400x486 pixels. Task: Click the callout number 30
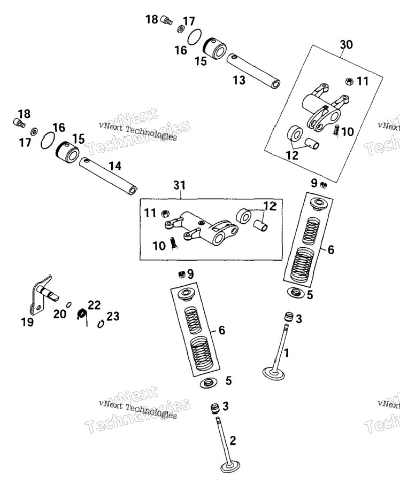tap(347, 45)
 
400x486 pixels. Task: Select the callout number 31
tap(179, 185)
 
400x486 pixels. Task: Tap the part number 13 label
tap(239, 80)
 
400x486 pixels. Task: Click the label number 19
tap(27, 322)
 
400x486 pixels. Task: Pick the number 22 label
tap(94, 305)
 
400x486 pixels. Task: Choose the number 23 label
tap(113, 317)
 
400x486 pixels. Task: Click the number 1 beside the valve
tap(287, 352)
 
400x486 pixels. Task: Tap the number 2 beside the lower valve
tap(233, 441)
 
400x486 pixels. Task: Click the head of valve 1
tap(273, 373)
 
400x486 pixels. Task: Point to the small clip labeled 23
tap(101, 324)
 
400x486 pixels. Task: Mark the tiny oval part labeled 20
tap(69, 304)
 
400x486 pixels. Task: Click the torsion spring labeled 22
tap(82, 315)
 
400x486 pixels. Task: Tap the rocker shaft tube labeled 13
tap(253, 71)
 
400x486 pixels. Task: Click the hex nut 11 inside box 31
tap(165, 214)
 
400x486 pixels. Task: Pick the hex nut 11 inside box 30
tap(349, 82)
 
